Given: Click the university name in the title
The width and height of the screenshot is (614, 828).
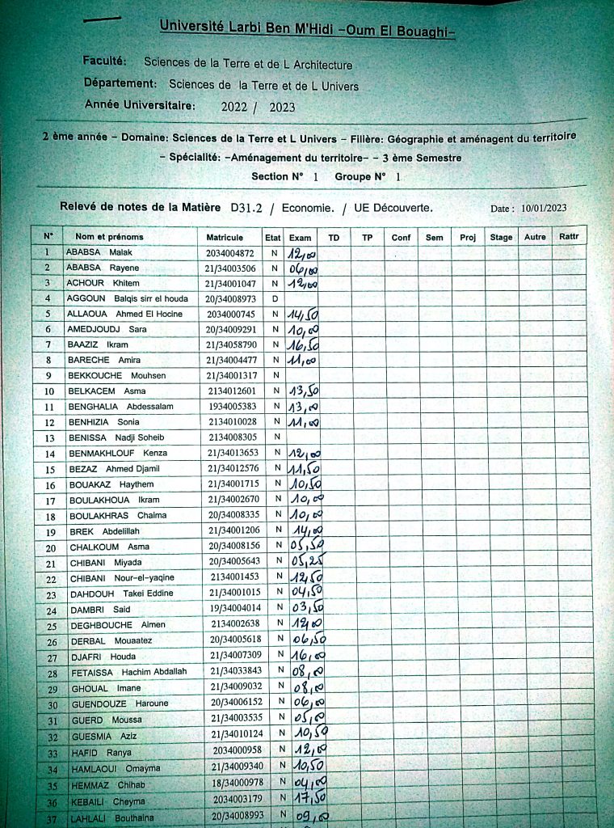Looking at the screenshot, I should (x=307, y=29).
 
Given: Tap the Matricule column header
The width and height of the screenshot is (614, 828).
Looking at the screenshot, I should (x=225, y=238).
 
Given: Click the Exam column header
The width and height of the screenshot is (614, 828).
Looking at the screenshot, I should (x=300, y=238).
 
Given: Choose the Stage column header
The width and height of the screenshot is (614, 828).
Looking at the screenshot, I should (x=501, y=238).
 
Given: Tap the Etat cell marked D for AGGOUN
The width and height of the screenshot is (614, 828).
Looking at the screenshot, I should (x=275, y=299).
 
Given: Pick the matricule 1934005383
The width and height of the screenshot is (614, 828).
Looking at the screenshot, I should (x=232, y=407).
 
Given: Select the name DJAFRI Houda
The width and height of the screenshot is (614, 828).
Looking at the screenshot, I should (x=102, y=654).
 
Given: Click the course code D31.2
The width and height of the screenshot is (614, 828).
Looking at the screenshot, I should (x=247, y=208).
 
